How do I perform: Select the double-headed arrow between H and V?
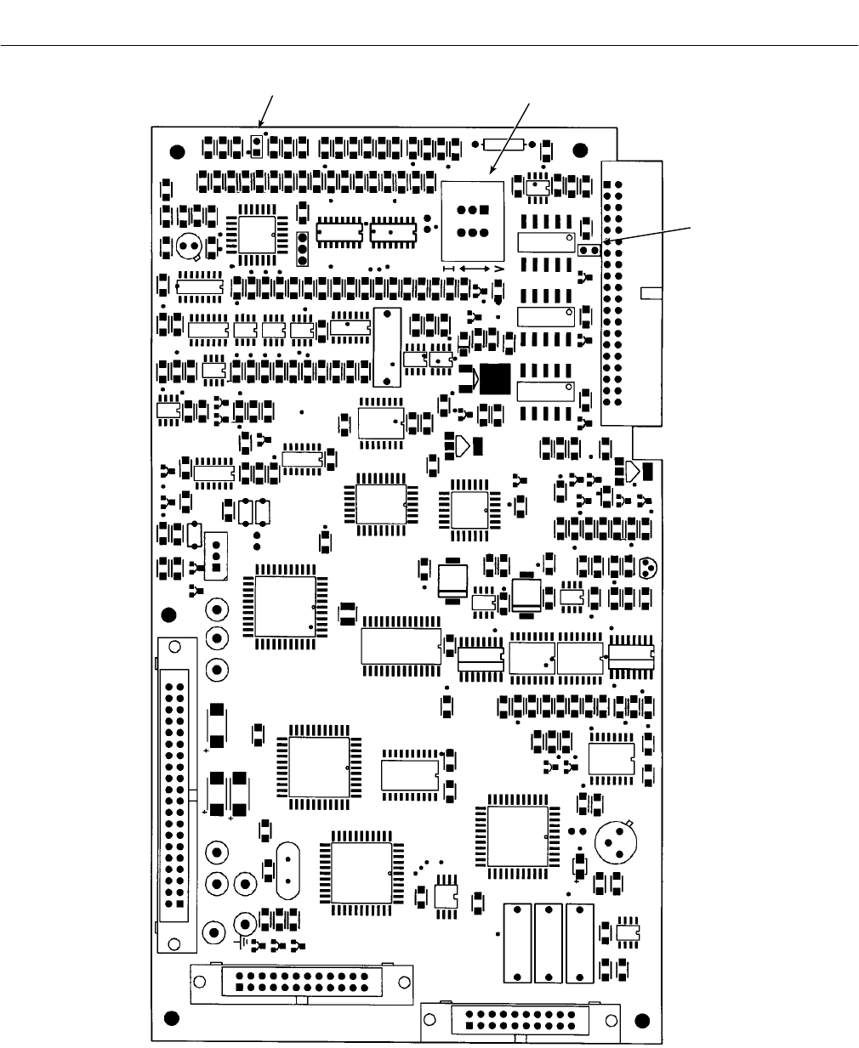point(474,269)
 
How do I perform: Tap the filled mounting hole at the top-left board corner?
point(177,152)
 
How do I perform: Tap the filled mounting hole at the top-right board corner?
point(580,151)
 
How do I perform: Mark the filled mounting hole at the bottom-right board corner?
point(642,1019)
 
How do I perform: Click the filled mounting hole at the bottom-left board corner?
point(171,1018)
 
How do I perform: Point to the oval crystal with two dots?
point(289,872)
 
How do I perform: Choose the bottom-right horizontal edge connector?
point(521,1020)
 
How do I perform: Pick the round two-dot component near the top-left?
point(188,246)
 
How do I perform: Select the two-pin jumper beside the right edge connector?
point(588,250)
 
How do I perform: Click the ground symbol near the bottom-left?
point(243,942)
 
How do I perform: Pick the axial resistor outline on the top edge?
point(498,145)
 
